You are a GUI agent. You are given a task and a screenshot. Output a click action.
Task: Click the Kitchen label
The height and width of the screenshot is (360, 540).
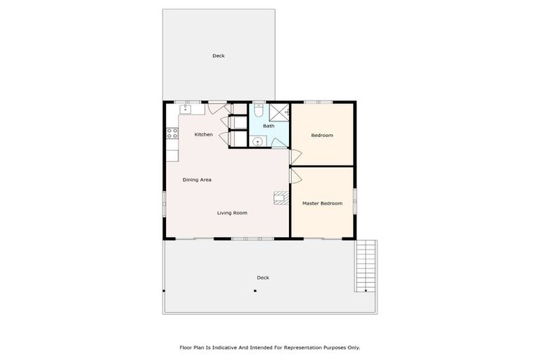[203, 134]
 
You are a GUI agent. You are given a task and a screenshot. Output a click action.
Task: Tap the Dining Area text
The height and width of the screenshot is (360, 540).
[197, 180]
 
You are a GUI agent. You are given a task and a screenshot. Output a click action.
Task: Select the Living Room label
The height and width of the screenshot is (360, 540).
[231, 213]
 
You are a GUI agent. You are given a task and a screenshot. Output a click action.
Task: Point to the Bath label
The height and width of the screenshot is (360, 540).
[269, 126]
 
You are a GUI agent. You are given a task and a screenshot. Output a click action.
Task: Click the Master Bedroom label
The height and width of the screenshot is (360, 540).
[322, 203]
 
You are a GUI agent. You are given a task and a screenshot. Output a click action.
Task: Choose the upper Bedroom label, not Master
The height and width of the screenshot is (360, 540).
[322, 135]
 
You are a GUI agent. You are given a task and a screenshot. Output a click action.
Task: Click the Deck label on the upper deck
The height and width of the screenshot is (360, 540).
[219, 56]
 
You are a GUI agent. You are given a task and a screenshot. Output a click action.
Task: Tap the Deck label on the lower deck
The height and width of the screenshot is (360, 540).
[262, 278]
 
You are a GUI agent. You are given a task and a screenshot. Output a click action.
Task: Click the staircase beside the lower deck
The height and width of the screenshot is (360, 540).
[366, 266]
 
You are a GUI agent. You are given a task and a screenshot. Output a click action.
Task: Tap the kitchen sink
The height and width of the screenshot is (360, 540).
[186, 109]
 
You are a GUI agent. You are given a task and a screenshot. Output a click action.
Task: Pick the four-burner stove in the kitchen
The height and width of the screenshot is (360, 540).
[171, 133]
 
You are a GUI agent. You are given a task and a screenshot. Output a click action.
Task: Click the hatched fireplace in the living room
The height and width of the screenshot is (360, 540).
[281, 198]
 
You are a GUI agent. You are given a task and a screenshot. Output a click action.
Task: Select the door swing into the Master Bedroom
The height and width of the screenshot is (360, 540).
[295, 176]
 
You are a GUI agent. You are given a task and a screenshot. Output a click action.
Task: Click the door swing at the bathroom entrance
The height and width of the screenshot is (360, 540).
[279, 143]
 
